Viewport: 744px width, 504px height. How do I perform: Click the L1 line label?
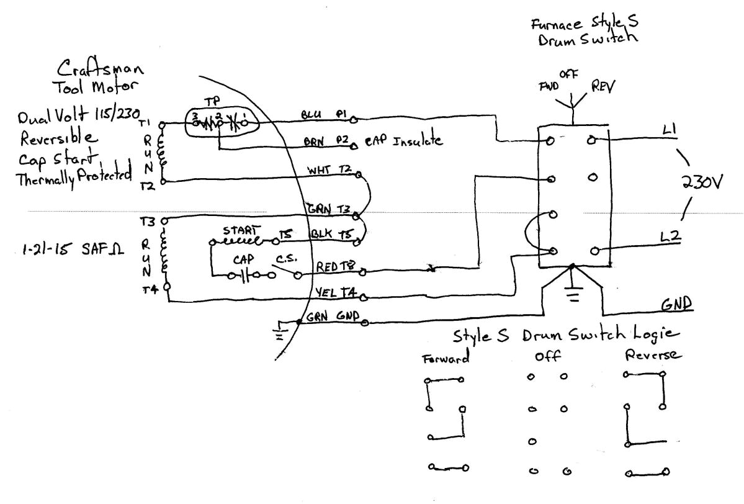point(670,129)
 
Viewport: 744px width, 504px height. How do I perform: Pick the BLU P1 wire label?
point(323,115)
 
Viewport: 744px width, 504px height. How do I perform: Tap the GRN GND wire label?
point(334,316)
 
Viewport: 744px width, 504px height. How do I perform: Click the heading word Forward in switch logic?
point(446,360)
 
